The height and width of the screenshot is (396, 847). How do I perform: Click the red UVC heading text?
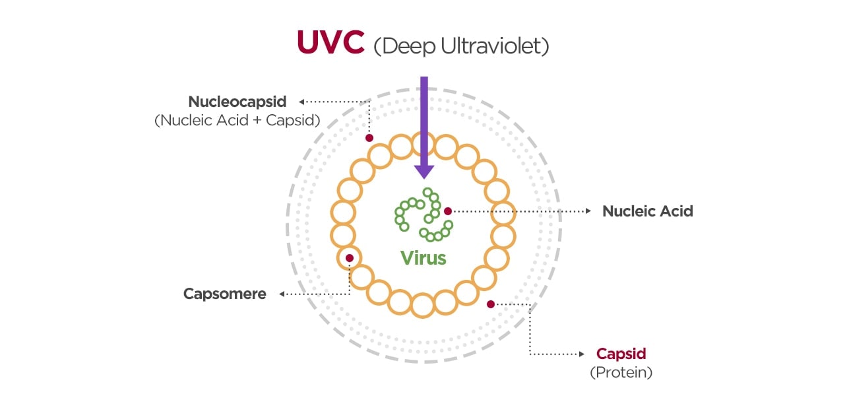coord(330,43)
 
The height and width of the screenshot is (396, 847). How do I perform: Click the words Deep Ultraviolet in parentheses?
coord(461,46)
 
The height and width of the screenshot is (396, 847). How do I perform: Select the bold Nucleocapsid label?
coord(237,102)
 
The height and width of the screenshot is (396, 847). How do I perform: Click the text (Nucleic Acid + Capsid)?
coord(237,121)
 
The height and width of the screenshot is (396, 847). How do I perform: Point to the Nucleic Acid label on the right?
coord(647,211)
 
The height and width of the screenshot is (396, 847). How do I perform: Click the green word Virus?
coord(423,257)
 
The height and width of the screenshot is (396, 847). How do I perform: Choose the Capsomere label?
coord(225,294)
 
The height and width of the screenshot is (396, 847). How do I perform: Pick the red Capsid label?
coord(621,353)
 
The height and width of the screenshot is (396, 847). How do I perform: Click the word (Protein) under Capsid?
coord(621,372)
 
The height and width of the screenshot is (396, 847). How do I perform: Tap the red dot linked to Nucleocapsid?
coord(369,138)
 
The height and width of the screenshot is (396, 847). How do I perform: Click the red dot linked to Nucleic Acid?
coord(448,211)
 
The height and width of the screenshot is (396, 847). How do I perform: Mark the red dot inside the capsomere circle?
coord(350,258)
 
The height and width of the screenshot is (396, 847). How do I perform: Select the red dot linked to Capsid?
coord(490,304)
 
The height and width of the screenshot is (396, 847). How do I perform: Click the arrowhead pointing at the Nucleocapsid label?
coord(301,102)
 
